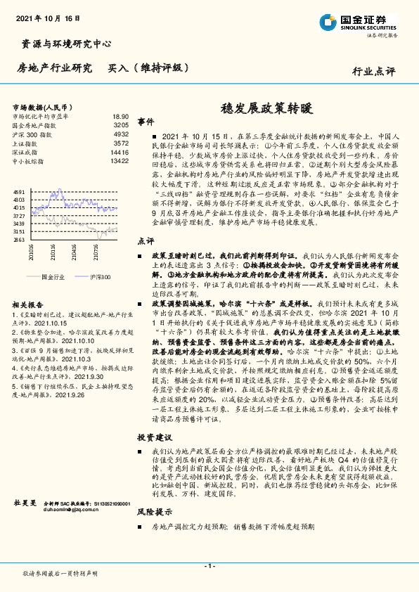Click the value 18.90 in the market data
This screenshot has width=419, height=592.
(x=120, y=117)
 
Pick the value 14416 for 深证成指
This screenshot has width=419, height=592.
(x=120, y=152)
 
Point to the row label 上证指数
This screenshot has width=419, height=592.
(x=27, y=143)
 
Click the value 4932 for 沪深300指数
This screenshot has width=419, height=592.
(x=121, y=134)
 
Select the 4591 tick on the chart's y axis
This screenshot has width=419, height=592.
(x=19, y=191)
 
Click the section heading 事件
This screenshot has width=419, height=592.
(x=146, y=121)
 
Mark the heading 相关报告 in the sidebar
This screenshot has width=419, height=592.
(x=27, y=304)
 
